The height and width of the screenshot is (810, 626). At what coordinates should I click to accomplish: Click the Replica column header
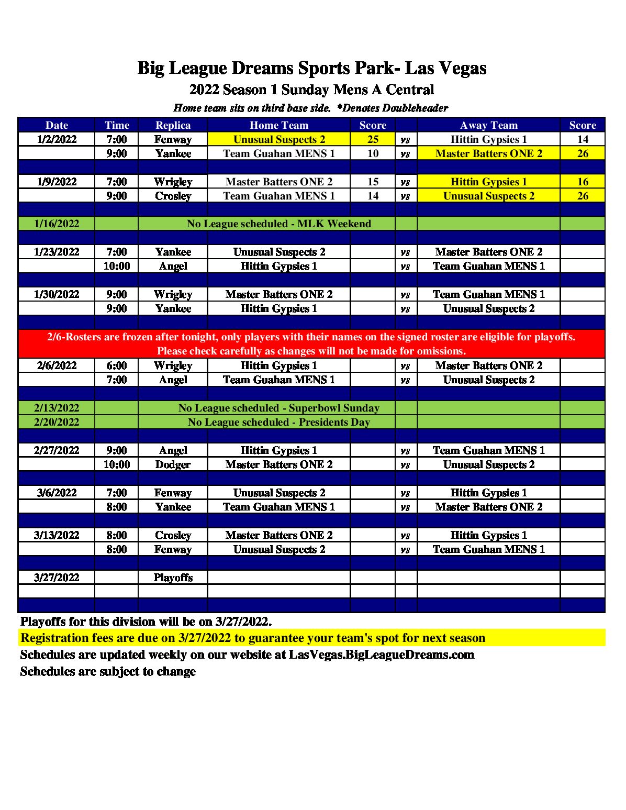click(x=173, y=125)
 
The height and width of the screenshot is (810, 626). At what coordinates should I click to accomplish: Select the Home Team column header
click(x=279, y=125)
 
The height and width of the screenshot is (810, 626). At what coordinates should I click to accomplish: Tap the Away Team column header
click(x=488, y=125)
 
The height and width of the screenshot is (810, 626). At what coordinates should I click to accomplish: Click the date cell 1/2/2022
click(x=57, y=139)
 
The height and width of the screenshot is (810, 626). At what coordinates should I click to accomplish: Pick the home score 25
click(x=373, y=139)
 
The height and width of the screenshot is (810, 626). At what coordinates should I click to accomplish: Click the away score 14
click(x=583, y=139)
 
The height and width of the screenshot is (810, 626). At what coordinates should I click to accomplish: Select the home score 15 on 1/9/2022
click(x=373, y=182)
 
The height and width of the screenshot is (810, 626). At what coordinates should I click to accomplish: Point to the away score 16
click(x=583, y=182)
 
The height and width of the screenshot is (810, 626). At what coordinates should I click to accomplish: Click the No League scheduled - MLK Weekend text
click(x=279, y=224)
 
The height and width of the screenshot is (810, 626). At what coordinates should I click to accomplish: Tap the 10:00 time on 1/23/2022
click(x=116, y=266)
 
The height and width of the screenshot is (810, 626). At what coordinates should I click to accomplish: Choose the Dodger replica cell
click(x=173, y=464)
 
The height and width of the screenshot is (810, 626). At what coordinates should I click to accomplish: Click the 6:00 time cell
click(x=116, y=365)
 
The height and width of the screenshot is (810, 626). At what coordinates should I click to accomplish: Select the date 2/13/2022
click(x=57, y=408)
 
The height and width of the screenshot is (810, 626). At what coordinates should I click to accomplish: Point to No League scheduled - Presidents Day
click(x=279, y=422)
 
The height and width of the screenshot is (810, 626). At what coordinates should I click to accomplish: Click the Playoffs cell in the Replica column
click(x=173, y=578)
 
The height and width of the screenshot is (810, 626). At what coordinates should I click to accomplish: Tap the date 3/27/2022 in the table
click(x=57, y=578)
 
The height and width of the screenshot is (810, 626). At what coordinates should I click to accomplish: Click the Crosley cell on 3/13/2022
click(x=173, y=535)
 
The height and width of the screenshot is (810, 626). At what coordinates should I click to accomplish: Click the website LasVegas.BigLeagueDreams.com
click(x=382, y=654)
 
